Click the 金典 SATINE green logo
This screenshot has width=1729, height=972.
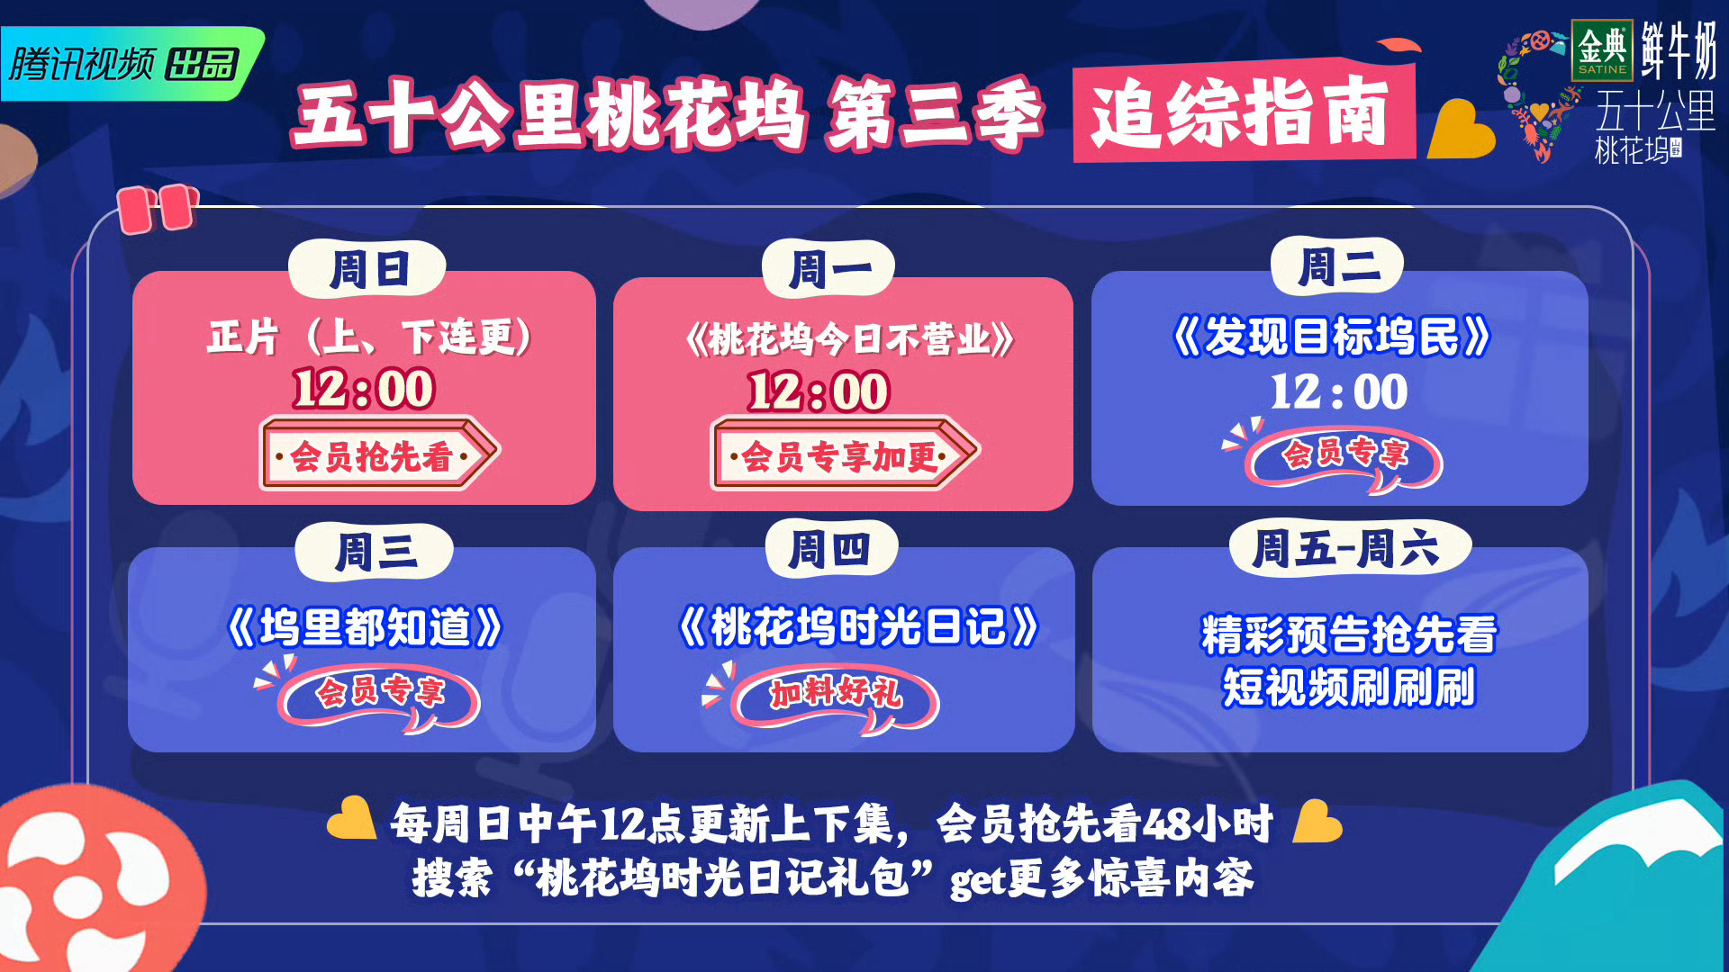click(1602, 50)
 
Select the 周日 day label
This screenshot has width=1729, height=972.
click(367, 269)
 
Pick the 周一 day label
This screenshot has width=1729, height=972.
click(828, 269)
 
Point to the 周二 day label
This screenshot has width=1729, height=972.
click(1337, 266)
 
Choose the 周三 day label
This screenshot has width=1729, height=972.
click(375, 552)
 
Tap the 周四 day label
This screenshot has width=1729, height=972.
click(831, 549)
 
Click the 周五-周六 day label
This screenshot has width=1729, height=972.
click(1350, 547)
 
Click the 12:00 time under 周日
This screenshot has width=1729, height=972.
click(364, 389)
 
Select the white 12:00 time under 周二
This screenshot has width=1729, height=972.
click(1339, 391)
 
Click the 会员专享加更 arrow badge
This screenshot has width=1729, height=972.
click(844, 454)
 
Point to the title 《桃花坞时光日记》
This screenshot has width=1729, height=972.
click(858, 626)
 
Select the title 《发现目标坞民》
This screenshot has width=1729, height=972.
click(1332, 337)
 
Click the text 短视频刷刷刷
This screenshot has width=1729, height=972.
click(1348, 688)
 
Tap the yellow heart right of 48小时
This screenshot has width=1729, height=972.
click(1317, 821)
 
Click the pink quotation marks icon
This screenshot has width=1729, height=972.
click(158, 209)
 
